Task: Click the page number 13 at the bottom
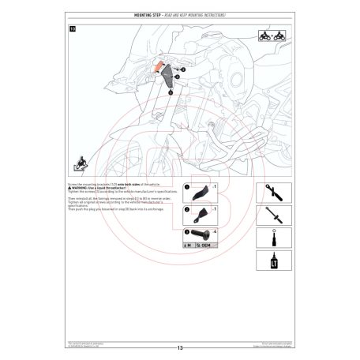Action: click(180, 348)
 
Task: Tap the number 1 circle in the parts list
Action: click(186, 186)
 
